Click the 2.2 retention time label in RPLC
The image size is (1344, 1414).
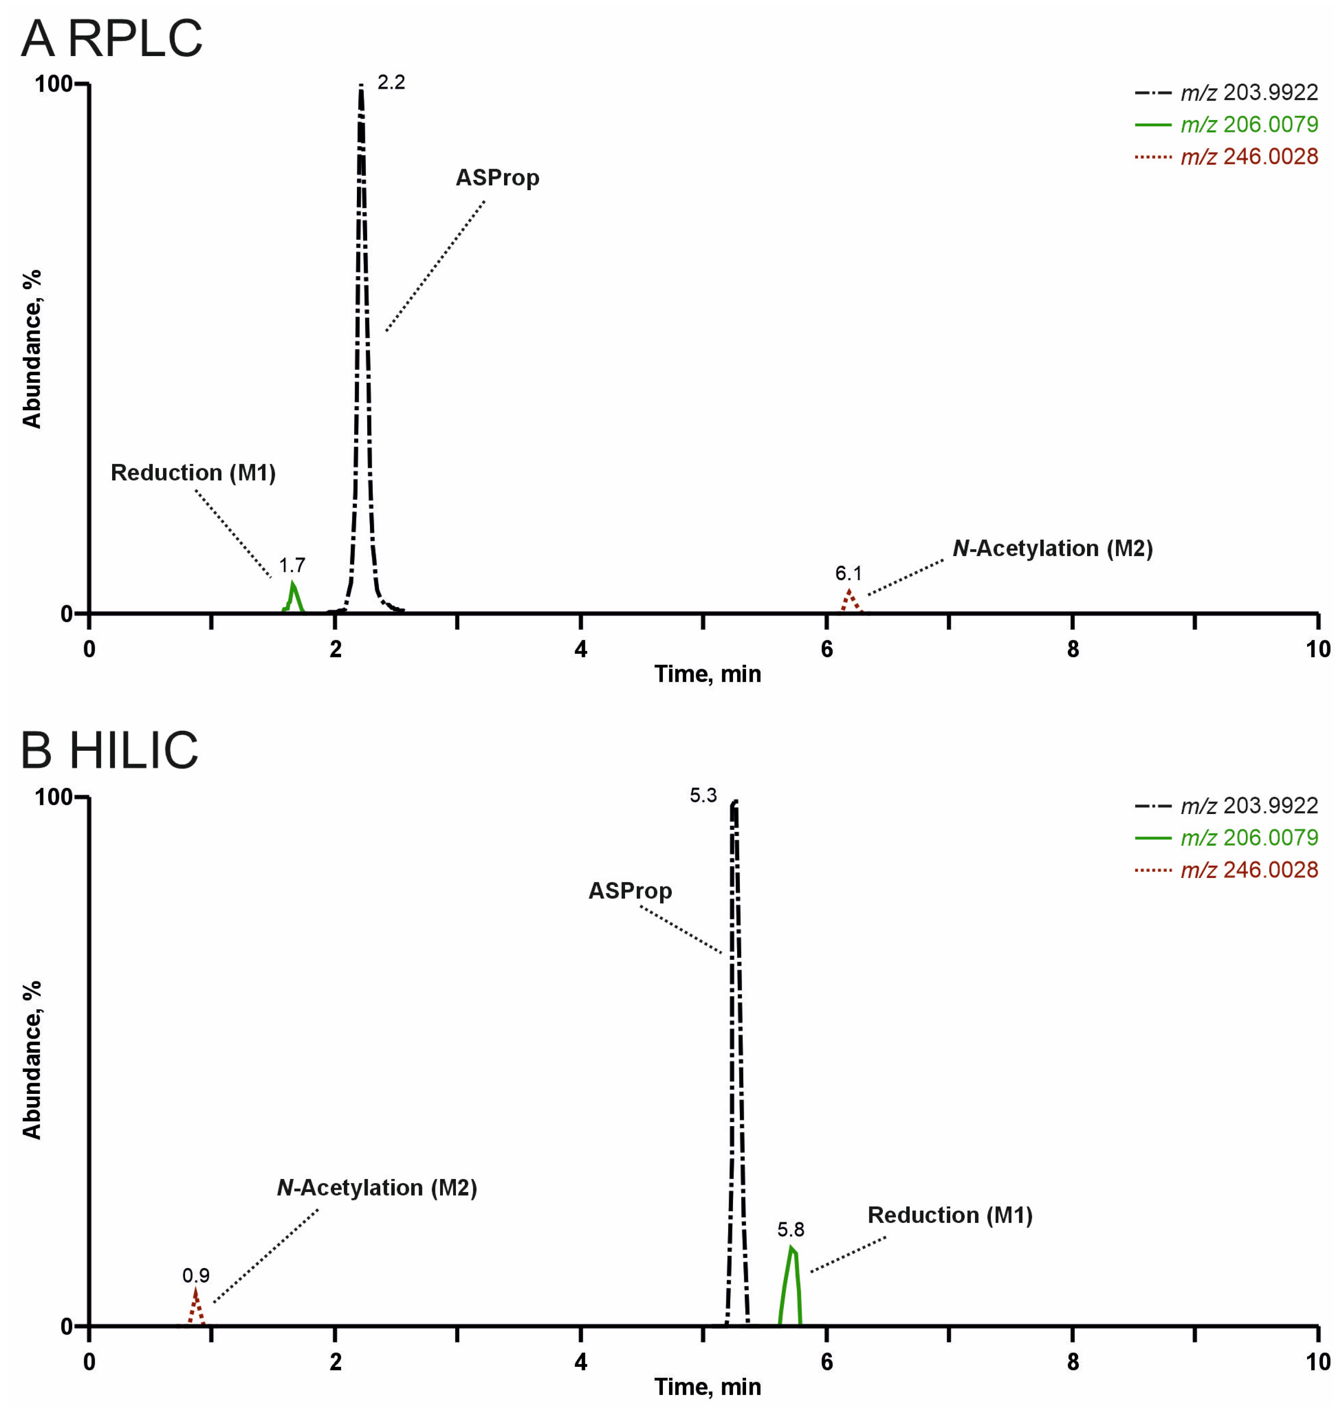(391, 82)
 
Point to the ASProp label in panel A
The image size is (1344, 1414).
(497, 177)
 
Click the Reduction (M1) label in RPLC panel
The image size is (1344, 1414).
(193, 472)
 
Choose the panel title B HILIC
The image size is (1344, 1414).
(109, 750)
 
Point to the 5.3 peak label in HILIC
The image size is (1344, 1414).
(703, 795)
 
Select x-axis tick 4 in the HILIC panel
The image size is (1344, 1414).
(580, 1362)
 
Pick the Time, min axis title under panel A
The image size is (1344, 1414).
(707, 674)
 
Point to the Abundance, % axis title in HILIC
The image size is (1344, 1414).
(31, 1060)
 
